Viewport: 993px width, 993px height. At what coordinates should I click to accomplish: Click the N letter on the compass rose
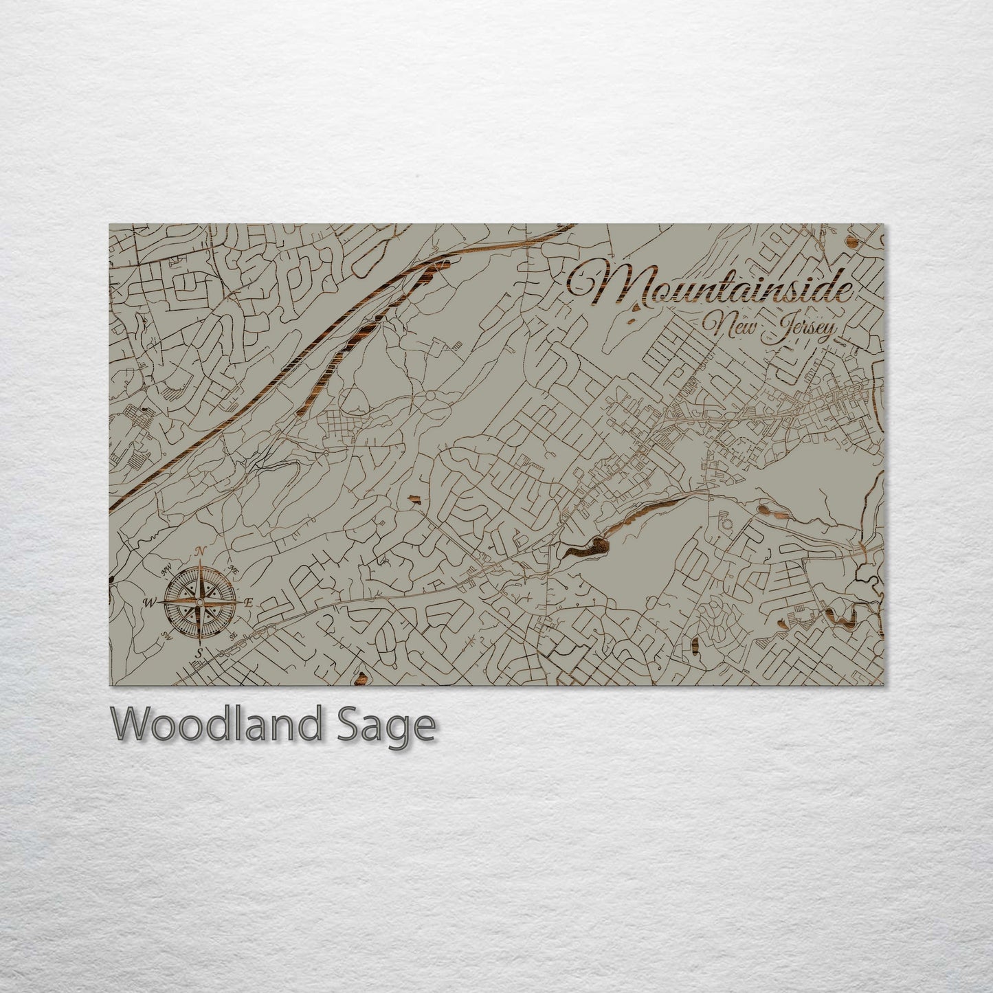[x=201, y=550]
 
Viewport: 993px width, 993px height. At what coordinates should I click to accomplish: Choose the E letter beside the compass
[x=249, y=602]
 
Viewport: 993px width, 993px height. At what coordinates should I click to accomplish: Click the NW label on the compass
[x=166, y=569]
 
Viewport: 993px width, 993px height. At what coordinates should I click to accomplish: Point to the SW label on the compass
[x=166, y=634]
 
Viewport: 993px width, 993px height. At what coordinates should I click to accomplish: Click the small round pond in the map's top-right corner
[x=853, y=241]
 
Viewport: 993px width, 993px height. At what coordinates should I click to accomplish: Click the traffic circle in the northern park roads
[x=430, y=397]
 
